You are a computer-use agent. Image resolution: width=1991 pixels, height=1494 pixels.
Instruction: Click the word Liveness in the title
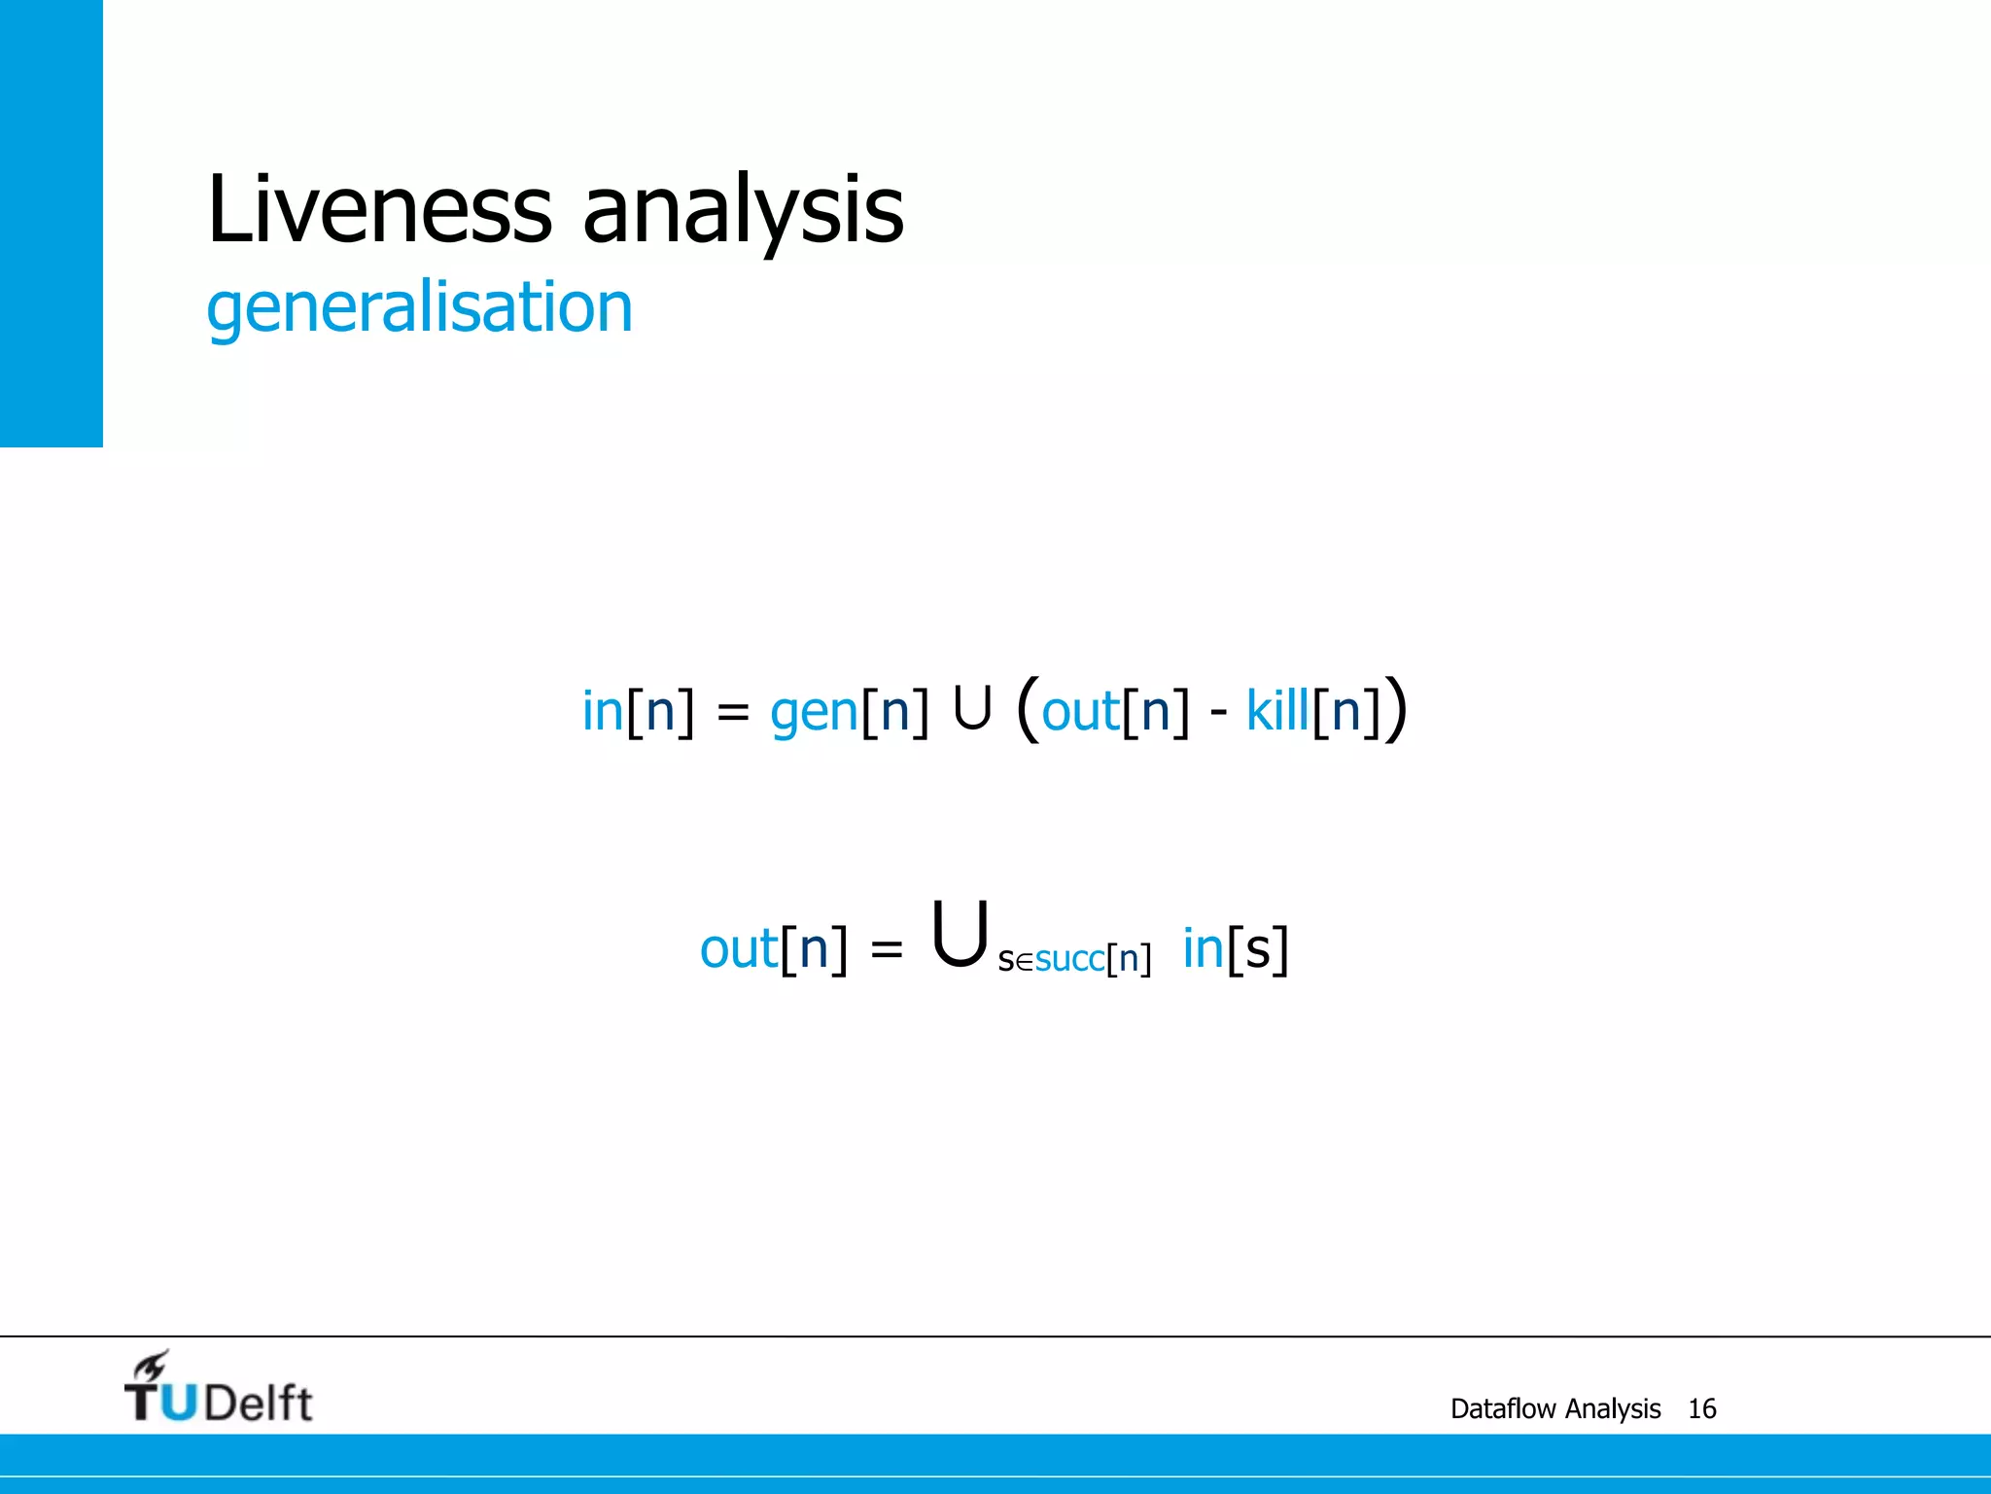379,208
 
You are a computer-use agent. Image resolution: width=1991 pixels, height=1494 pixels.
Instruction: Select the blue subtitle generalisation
419,307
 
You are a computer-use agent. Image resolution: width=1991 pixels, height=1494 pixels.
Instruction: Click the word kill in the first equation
1277,710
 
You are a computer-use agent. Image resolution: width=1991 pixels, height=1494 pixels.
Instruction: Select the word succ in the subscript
1069,959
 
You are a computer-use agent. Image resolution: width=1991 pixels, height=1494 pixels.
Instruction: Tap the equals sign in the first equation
733,713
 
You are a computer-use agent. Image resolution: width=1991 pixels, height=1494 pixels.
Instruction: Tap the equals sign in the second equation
887,948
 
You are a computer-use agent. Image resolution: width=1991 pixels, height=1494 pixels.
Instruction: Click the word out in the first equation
1080,712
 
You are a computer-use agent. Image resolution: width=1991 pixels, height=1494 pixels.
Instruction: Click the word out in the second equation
739,948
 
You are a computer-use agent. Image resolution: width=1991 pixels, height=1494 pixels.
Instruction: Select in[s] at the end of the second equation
1235,948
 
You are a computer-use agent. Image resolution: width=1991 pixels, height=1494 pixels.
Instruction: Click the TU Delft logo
219,1388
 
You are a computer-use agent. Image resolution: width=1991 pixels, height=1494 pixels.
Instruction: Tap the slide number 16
1701,1408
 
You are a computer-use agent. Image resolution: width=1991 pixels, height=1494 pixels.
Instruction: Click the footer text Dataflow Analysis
1555,1408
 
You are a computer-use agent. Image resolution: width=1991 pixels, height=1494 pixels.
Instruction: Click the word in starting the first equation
602,710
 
